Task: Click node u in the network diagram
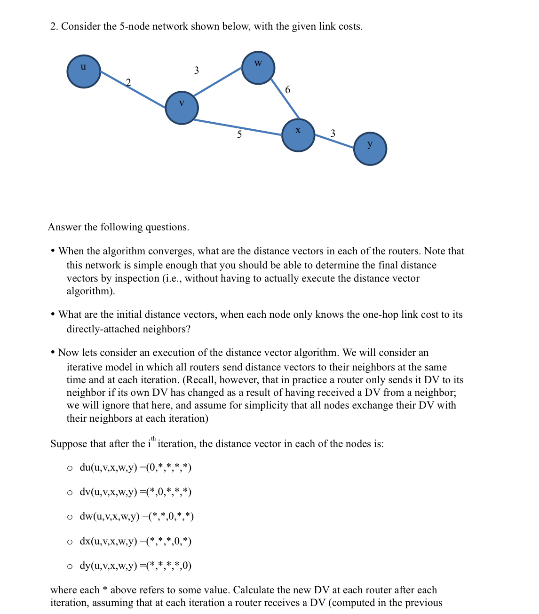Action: coord(84,71)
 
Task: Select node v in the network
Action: coord(182,108)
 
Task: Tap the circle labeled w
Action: coord(258,68)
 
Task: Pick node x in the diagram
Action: coord(298,135)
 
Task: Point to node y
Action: coord(370,149)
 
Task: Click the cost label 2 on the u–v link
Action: coord(128,82)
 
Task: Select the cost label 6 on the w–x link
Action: coord(288,89)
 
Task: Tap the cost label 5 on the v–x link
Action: coord(239,134)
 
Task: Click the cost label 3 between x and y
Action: coord(333,133)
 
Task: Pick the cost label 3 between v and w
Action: coord(197,71)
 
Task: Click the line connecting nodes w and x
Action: coord(285,99)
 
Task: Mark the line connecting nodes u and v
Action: coord(133,89)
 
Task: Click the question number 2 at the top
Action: coord(54,26)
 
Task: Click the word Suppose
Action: coord(69,444)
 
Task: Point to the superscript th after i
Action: coord(153,439)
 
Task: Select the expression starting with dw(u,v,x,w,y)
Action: coord(136,516)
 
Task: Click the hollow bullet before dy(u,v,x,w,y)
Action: coord(70,566)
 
